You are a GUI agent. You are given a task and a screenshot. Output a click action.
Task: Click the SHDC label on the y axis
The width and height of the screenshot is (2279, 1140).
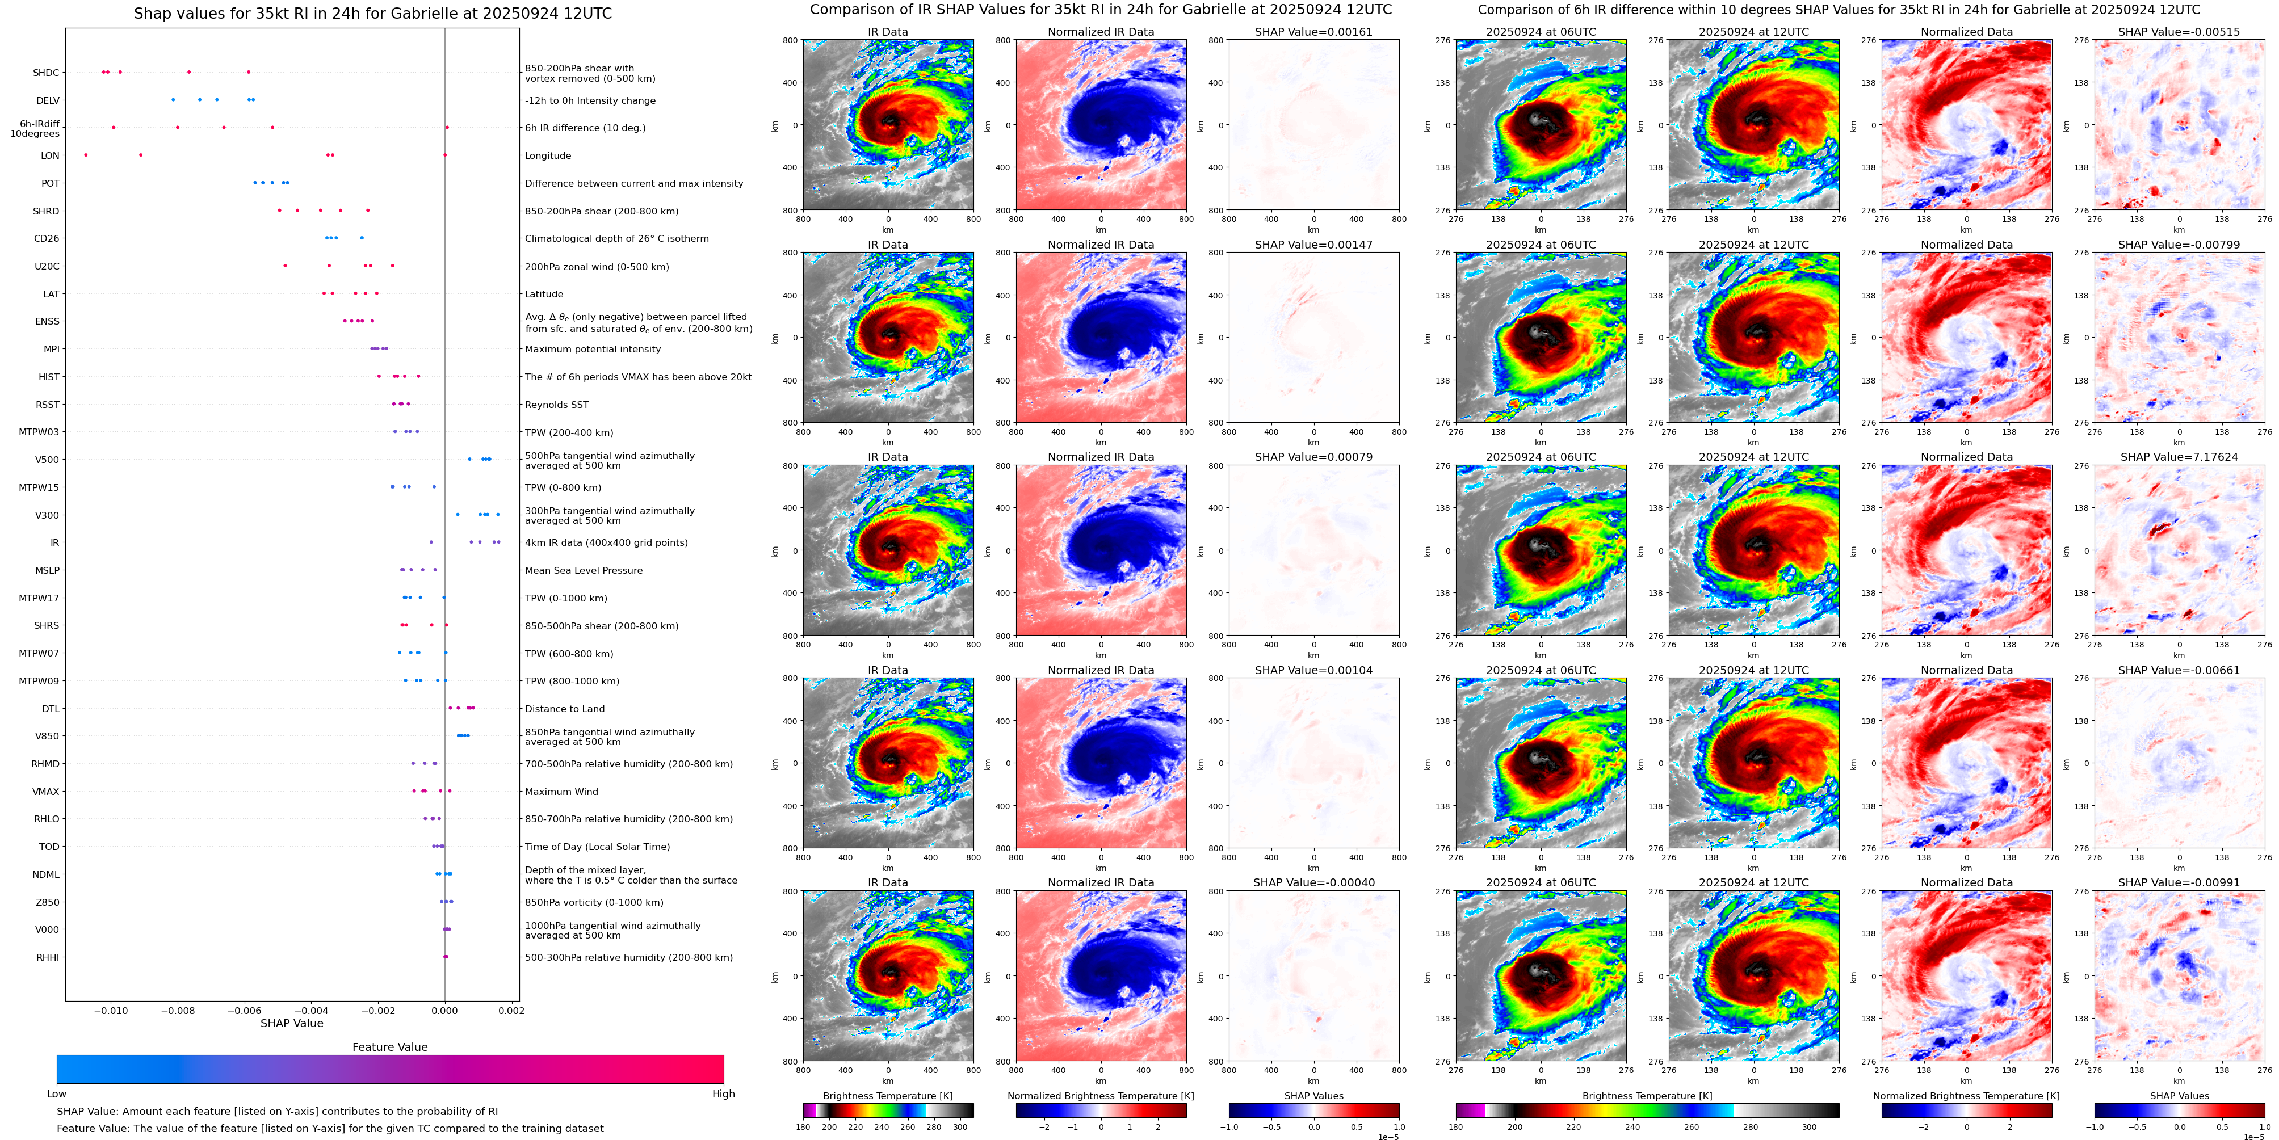(x=46, y=73)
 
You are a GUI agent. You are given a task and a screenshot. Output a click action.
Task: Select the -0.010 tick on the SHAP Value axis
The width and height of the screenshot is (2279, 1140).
(x=111, y=1010)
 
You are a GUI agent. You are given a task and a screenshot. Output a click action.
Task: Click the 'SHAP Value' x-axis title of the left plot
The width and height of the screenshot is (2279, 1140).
(x=292, y=1023)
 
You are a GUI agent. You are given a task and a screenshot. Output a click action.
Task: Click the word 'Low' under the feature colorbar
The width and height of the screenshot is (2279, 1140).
(x=57, y=1094)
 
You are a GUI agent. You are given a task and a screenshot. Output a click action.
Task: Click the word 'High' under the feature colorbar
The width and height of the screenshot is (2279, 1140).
(x=724, y=1094)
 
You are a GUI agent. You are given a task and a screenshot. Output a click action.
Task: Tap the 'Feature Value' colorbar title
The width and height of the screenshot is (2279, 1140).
(x=390, y=1047)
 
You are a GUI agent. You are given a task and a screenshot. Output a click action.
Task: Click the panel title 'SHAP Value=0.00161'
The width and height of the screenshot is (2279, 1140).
(x=1314, y=32)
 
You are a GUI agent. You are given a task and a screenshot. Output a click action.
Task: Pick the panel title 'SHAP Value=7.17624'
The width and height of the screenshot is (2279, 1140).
(x=2179, y=457)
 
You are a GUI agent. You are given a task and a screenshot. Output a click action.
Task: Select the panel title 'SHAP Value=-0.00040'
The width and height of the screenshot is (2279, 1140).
(x=1314, y=882)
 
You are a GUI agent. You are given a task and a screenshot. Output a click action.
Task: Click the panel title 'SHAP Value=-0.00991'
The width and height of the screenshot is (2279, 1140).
(x=2179, y=882)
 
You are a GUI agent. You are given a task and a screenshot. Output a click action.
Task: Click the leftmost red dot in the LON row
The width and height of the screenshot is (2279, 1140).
(x=86, y=155)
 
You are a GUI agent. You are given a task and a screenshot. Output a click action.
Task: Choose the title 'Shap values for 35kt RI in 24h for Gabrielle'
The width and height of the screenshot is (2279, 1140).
(x=372, y=14)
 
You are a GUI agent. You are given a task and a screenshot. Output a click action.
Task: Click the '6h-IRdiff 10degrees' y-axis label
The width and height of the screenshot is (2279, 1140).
(x=35, y=129)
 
